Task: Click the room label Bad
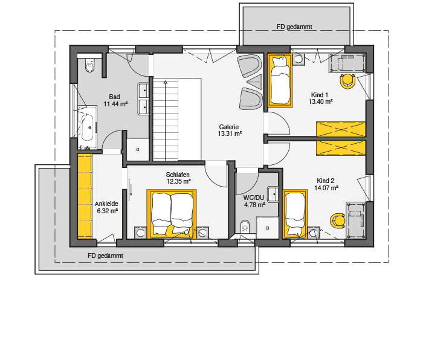coord(114,97)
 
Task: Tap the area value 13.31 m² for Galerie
coord(230,134)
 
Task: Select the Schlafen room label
coord(178,174)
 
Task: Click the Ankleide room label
coord(106,204)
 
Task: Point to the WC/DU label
coord(254,198)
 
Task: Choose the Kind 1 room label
coord(320,95)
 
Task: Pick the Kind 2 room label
coord(326,181)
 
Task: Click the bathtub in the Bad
coord(87,126)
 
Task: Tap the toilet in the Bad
coord(90,65)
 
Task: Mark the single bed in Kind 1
coord(280,80)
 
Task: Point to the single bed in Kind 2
coord(295,216)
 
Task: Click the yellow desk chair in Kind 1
coord(347,80)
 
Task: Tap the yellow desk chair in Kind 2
coord(337,220)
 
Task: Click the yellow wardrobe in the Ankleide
coord(84,196)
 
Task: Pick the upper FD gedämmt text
coord(294,27)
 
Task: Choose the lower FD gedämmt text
coord(105,256)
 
